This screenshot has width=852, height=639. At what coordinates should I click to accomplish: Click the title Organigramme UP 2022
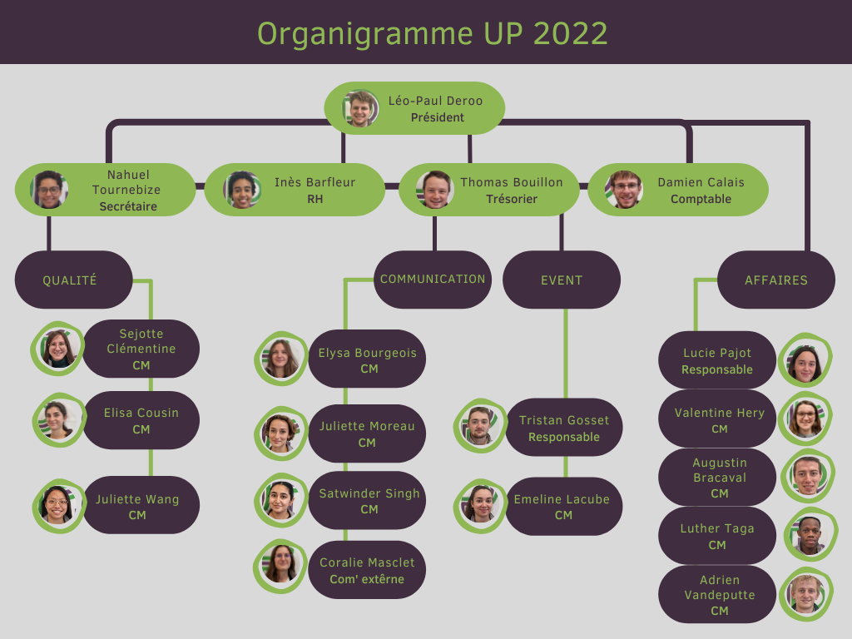432,33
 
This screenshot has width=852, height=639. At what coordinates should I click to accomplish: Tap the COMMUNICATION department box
433,280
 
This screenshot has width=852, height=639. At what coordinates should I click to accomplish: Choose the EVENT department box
562,280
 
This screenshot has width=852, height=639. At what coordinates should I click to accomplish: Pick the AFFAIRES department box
776,280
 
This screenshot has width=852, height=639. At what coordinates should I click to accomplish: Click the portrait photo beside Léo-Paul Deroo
361,108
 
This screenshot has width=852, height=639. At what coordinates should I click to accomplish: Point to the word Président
438,118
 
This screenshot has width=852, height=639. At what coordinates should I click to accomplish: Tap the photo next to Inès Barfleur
242,190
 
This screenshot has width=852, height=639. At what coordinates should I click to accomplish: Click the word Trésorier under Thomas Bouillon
512,200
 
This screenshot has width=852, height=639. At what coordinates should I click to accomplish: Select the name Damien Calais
701,182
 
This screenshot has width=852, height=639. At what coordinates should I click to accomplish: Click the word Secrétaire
128,206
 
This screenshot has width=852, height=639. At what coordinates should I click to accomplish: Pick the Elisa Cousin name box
141,420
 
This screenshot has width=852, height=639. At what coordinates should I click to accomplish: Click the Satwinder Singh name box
369,501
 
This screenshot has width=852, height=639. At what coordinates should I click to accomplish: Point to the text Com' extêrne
367,579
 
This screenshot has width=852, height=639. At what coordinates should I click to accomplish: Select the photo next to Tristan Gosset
479,426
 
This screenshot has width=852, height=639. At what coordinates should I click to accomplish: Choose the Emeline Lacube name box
563,507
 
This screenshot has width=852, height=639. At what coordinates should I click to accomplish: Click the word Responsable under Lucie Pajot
717,369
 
